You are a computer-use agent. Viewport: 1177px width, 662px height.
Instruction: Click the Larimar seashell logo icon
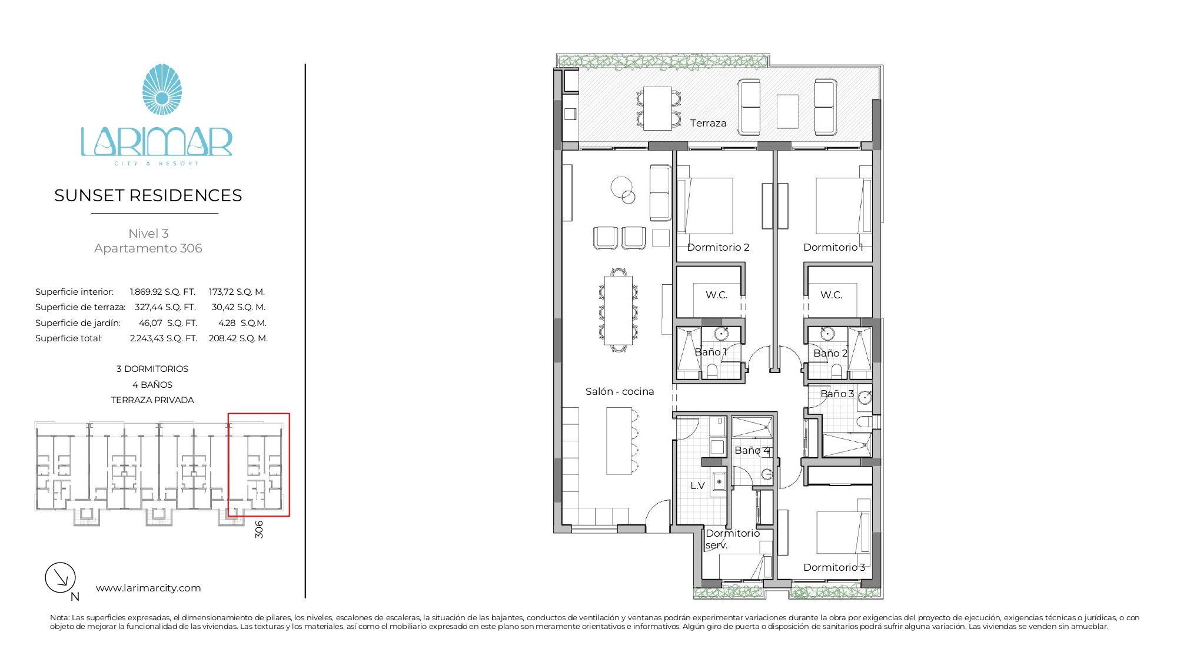pyautogui.click(x=162, y=89)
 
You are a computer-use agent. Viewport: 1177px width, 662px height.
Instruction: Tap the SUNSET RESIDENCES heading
pyautogui.click(x=148, y=195)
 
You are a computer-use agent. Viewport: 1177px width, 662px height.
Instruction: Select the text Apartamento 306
pyautogui.click(x=148, y=248)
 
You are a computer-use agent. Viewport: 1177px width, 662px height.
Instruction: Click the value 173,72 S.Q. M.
pyautogui.click(x=237, y=292)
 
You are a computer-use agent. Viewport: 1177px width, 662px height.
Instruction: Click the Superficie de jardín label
pyautogui.click(x=78, y=323)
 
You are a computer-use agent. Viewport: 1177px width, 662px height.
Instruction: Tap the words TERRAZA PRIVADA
pyautogui.click(x=152, y=400)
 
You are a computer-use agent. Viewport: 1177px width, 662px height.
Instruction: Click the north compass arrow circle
pyautogui.click(x=61, y=577)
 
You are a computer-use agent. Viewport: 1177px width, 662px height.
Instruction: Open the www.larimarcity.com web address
pyautogui.click(x=148, y=588)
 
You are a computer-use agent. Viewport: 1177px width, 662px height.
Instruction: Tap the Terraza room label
pyautogui.click(x=708, y=123)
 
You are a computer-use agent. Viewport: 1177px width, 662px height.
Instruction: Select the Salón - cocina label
pyautogui.click(x=620, y=391)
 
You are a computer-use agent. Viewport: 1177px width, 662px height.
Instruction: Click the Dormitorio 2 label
pyautogui.click(x=718, y=247)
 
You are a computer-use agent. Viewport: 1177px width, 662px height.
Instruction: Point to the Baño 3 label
pyautogui.click(x=837, y=394)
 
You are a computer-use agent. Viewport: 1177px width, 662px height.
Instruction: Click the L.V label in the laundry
pyautogui.click(x=697, y=485)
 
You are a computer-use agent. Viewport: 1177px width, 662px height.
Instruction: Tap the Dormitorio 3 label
pyautogui.click(x=834, y=567)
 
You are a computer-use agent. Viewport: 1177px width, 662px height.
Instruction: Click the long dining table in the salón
pyautogui.click(x=619, y=310)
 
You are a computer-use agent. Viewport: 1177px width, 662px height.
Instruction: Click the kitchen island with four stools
pyautogui.click(x=619, y=441)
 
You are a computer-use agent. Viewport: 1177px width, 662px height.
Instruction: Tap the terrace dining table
pyautogui.click(x=657, y=108)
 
